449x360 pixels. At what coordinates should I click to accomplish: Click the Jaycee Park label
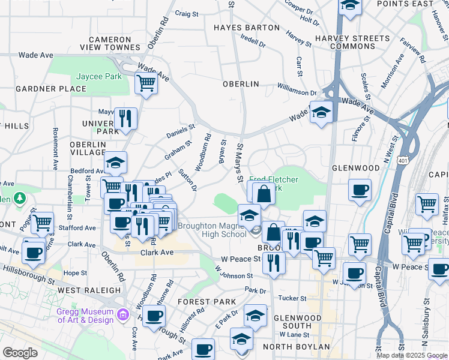click(99, 77)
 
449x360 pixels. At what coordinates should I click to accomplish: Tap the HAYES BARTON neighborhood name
click(247, 28)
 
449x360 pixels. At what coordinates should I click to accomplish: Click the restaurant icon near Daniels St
click(125, 118)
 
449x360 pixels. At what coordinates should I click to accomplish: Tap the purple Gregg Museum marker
click(124, 314)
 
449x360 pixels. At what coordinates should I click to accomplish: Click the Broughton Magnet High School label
click(212, 230)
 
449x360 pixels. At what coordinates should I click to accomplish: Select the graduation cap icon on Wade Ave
click(321, 113)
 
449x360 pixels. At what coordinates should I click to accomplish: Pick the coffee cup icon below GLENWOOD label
click(360, 190)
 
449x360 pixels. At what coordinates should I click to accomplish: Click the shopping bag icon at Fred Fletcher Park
click(264, 194)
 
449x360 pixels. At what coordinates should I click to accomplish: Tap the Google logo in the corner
click(20, 353)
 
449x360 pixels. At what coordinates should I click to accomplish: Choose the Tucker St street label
click(292, 298)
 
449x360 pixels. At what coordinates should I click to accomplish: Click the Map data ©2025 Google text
click(411, 355)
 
